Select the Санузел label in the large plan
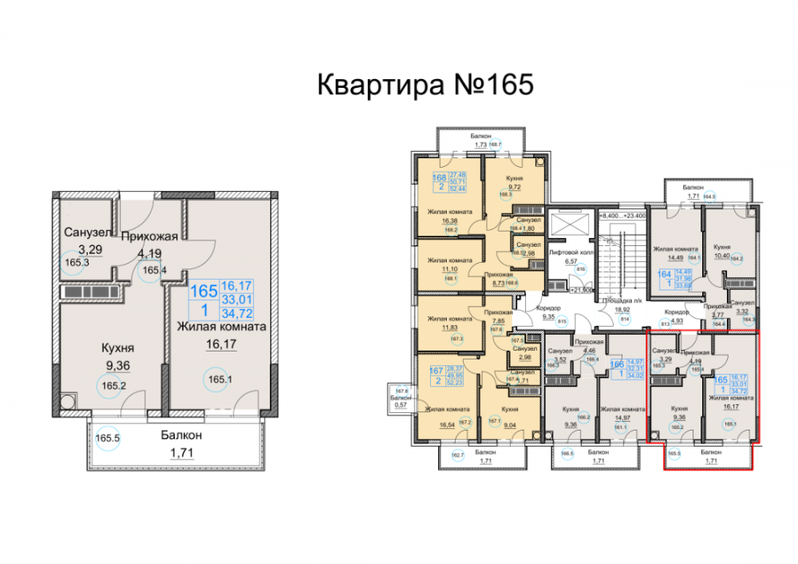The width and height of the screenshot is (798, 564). tap(86, 233)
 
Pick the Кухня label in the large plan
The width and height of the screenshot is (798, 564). tap(117, 348)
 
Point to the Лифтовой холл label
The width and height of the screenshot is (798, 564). tap(570, 252)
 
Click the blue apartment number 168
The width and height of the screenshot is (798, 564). tap(439, 178)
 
